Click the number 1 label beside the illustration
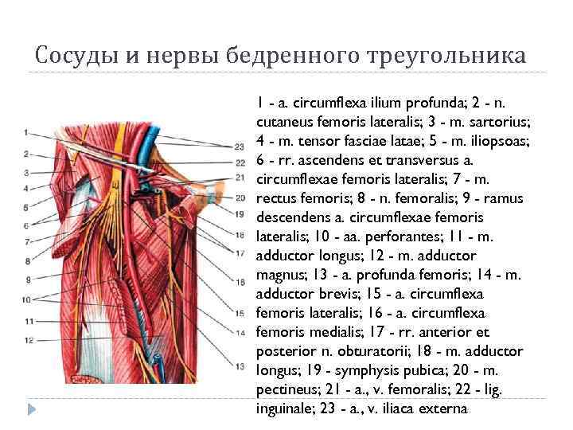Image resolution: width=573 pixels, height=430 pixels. [25, 131]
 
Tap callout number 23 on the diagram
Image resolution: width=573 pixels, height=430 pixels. [240, 147]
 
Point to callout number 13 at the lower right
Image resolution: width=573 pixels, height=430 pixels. [240, 366]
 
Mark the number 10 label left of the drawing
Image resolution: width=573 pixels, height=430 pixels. [25, 299]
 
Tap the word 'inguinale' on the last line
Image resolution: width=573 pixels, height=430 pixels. [285, 408]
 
